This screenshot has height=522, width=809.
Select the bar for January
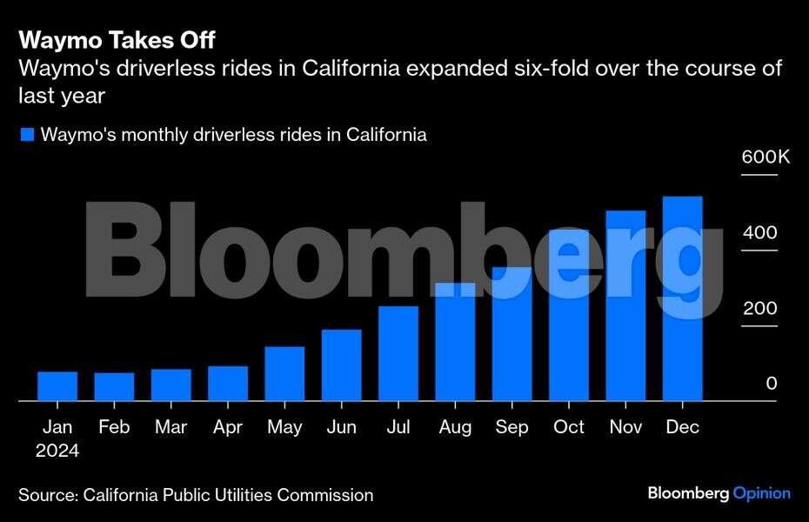coord(57,386)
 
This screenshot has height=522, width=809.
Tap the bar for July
coord(398,353)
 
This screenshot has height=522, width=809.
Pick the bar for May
coord(284,373)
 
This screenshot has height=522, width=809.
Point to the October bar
coord(569,315)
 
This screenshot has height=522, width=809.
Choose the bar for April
coord(228,383)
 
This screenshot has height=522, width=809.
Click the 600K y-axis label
coord(765,157)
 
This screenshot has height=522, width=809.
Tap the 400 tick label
coord(759,233)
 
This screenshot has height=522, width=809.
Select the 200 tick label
coord(759,309)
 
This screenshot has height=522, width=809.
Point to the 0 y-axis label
coord(771,384)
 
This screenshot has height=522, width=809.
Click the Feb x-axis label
coord(114,427)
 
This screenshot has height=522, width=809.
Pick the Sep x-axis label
coord(511,427)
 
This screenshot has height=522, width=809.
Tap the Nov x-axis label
coord(625,427)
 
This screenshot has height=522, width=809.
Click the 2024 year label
coord(57,451)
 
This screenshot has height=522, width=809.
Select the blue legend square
coord(27,135)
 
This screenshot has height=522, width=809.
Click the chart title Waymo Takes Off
coord(117,40)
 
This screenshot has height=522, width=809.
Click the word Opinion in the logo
coord(762,493)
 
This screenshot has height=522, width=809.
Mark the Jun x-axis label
coord(341,427)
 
